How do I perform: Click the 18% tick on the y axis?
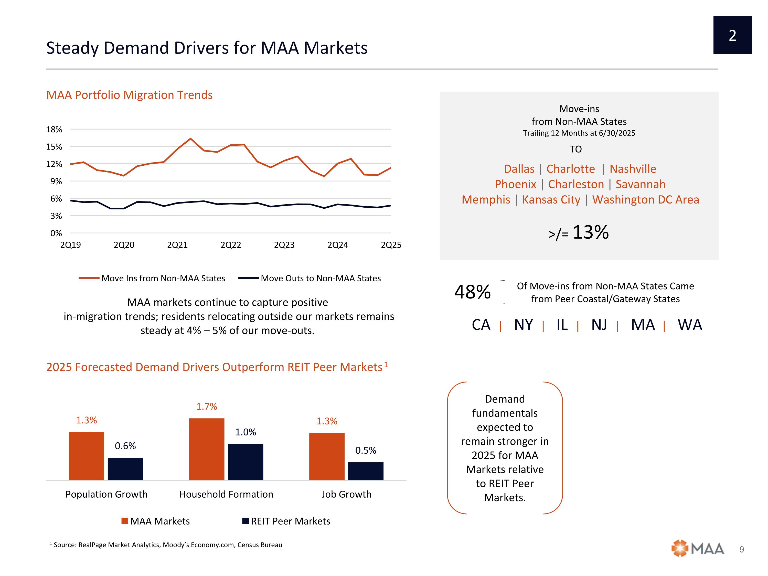point(54,130)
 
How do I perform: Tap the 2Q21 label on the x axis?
point(177,245)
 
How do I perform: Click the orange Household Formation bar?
point(207,449)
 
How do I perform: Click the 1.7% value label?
point(207,407)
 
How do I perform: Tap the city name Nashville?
point(633,169)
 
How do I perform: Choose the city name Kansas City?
point(551,200)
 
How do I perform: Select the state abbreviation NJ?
point(599,325)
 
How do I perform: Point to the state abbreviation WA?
point(689,325)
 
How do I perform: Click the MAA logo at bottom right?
point(698,549)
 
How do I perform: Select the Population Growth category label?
point(106,494)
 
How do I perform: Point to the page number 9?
point(742,549)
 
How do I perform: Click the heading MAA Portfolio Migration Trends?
point(129,95)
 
